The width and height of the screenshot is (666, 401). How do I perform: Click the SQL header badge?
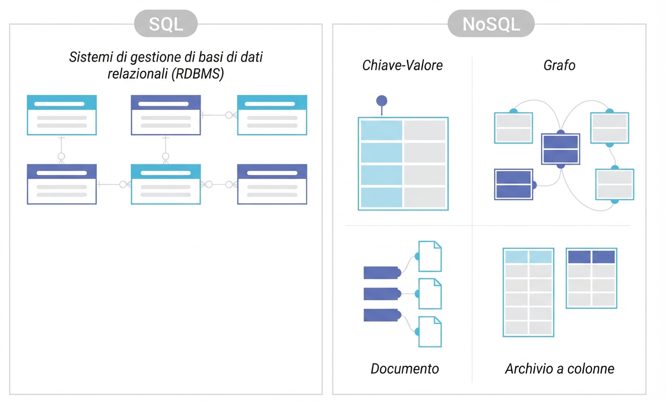pos(166,24)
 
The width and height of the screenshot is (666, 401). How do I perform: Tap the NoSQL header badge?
pos(491,24)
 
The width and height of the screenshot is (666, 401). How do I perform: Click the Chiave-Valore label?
pos(402,65)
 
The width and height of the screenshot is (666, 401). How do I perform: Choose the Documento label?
pos(405,369)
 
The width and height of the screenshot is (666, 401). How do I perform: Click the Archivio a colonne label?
pos(559,369)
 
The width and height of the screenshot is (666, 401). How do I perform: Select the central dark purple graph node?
pos(560,149)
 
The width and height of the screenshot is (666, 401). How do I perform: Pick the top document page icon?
pos(430,256)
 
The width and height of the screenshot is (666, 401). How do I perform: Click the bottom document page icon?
pos(430,331)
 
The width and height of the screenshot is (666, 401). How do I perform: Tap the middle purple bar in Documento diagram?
pos(381,294)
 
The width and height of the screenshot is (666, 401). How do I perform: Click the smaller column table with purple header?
pos(591,278)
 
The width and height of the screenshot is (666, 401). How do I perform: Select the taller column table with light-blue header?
pos(528,292)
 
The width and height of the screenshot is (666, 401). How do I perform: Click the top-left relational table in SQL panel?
pos(62,115)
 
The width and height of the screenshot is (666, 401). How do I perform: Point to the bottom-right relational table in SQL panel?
pos(272,184)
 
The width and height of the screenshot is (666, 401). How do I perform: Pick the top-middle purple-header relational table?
pos(165,115)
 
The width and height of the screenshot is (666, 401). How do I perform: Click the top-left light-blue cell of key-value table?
pos(381,130)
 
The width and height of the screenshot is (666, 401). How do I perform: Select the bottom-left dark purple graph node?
pos(513,184)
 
